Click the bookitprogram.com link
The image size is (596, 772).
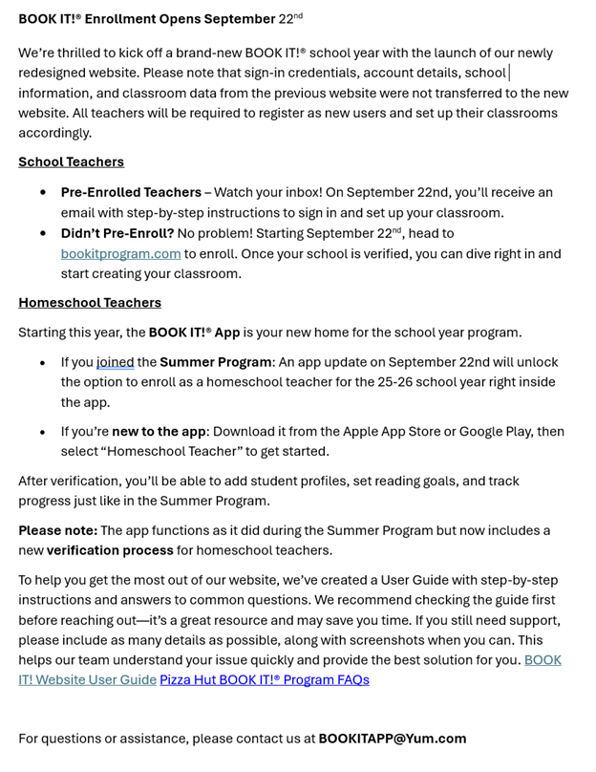coord(120,253)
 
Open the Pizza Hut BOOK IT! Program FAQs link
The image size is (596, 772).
coord(264,679)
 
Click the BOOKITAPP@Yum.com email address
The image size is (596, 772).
coord(392,738)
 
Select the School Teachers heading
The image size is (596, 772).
coord(71,161)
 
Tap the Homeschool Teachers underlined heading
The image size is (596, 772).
coord(90,302)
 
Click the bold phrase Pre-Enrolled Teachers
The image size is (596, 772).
coord(131,192)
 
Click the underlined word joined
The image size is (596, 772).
coord(116,362)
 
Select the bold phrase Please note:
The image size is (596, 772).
coord(57,530)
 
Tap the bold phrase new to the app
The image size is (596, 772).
coord(159,431)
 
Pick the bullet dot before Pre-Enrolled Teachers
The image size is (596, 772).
coord(43,192)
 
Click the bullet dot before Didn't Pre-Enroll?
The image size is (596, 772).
coord(43,233)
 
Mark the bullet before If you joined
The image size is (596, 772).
coord(43,363)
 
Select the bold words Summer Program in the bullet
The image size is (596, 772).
coord(216,362)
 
